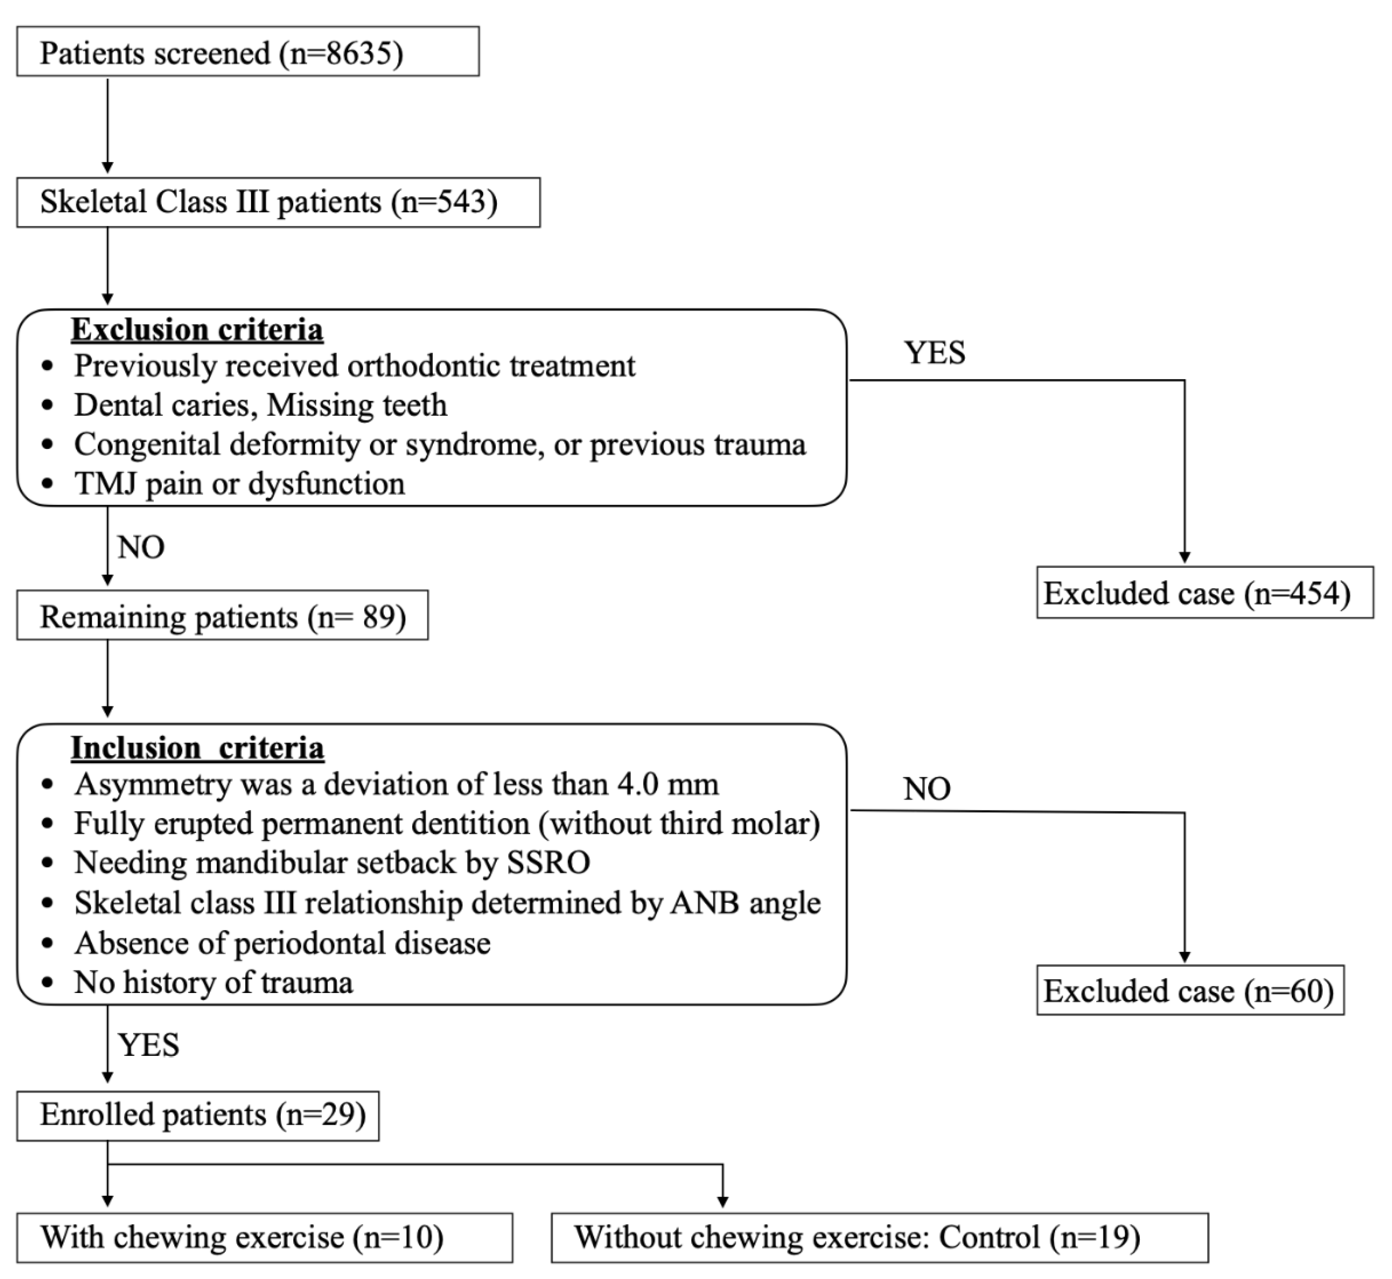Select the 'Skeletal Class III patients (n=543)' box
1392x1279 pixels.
coord(278,202)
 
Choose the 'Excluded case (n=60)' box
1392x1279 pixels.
coord(1189,991)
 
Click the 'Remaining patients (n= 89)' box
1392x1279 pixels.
coord(223,616)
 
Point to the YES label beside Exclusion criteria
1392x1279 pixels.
coord(934,353)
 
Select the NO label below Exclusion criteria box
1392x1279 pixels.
coord(141,548)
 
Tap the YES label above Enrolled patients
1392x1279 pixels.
coord(149,1045)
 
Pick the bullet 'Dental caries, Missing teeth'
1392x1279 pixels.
coord(260,405)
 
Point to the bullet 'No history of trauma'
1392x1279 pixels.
coord(213,983)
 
